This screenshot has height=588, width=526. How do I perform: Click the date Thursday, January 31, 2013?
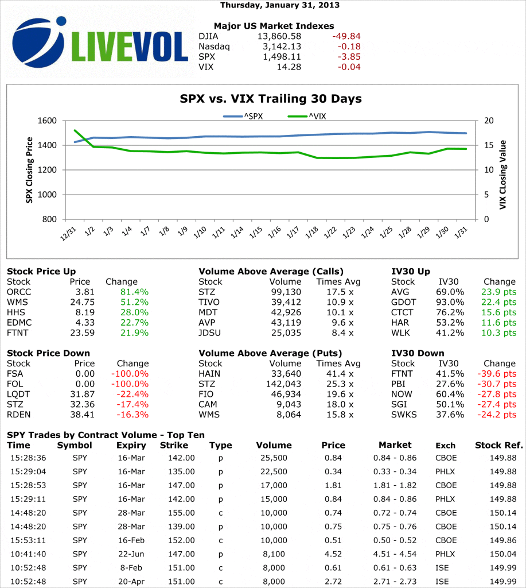click(x=280, y=5)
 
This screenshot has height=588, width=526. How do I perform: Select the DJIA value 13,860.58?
click(x=278, y=36)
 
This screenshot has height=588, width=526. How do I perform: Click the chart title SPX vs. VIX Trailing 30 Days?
click(x=271, y=99)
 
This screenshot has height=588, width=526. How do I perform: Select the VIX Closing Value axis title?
click(x=503, y=170)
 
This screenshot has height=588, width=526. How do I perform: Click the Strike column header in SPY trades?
click(x=173, y=445)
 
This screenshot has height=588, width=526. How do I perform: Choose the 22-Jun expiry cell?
click(x=131, y=554)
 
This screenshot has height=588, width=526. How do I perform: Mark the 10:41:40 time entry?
click(x=28, y=554)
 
